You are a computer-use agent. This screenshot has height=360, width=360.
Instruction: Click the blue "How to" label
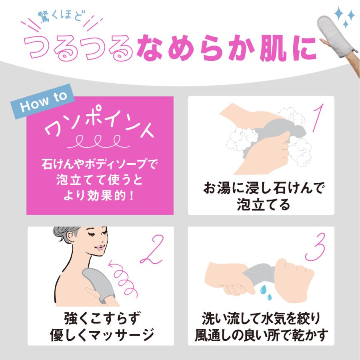pos(43,101)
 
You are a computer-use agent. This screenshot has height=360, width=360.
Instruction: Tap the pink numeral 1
pos(318,118)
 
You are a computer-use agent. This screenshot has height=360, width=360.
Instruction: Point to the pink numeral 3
pos(315,247)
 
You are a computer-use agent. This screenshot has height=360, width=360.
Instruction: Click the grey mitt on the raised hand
pos(335,34)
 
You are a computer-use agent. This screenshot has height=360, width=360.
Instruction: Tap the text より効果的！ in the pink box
pos(99,196)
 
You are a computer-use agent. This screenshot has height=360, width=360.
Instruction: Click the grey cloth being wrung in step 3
pos(259,274)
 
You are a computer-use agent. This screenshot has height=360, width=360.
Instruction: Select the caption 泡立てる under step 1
pos(263,204)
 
